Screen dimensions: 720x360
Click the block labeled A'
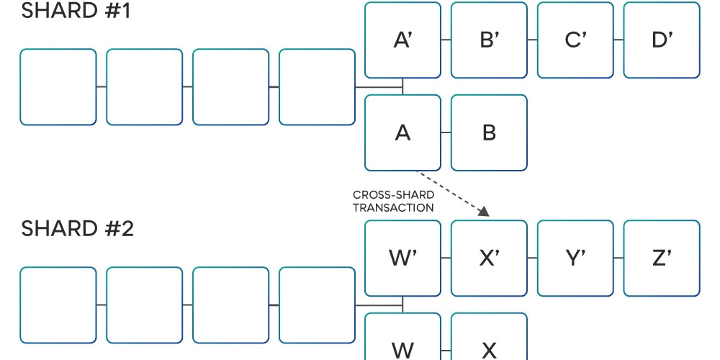click(402, 40)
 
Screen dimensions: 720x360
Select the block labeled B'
click(489, 40)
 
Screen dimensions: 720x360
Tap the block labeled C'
click(575, 40)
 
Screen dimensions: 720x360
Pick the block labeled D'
click(662, 40)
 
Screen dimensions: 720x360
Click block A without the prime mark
click(402, 132)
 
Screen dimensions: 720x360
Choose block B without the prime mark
click(489, 132)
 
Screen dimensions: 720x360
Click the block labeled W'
click(402, 258)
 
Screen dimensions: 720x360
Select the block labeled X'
click(489, 258)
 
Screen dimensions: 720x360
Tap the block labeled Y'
click(575, 258)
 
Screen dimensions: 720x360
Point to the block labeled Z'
click(662, 258)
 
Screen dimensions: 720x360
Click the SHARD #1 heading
click(76, 11)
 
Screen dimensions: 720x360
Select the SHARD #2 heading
click(77, 229)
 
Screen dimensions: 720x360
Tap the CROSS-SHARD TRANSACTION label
click(393, 202)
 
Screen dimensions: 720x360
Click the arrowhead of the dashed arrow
click(484, 211)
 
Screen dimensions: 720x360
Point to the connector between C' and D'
click(618, 40)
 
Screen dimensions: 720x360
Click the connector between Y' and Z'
click(618, 258)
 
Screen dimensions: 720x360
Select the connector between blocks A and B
click(446, 132)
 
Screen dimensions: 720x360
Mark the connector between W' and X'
click(446, 258)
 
